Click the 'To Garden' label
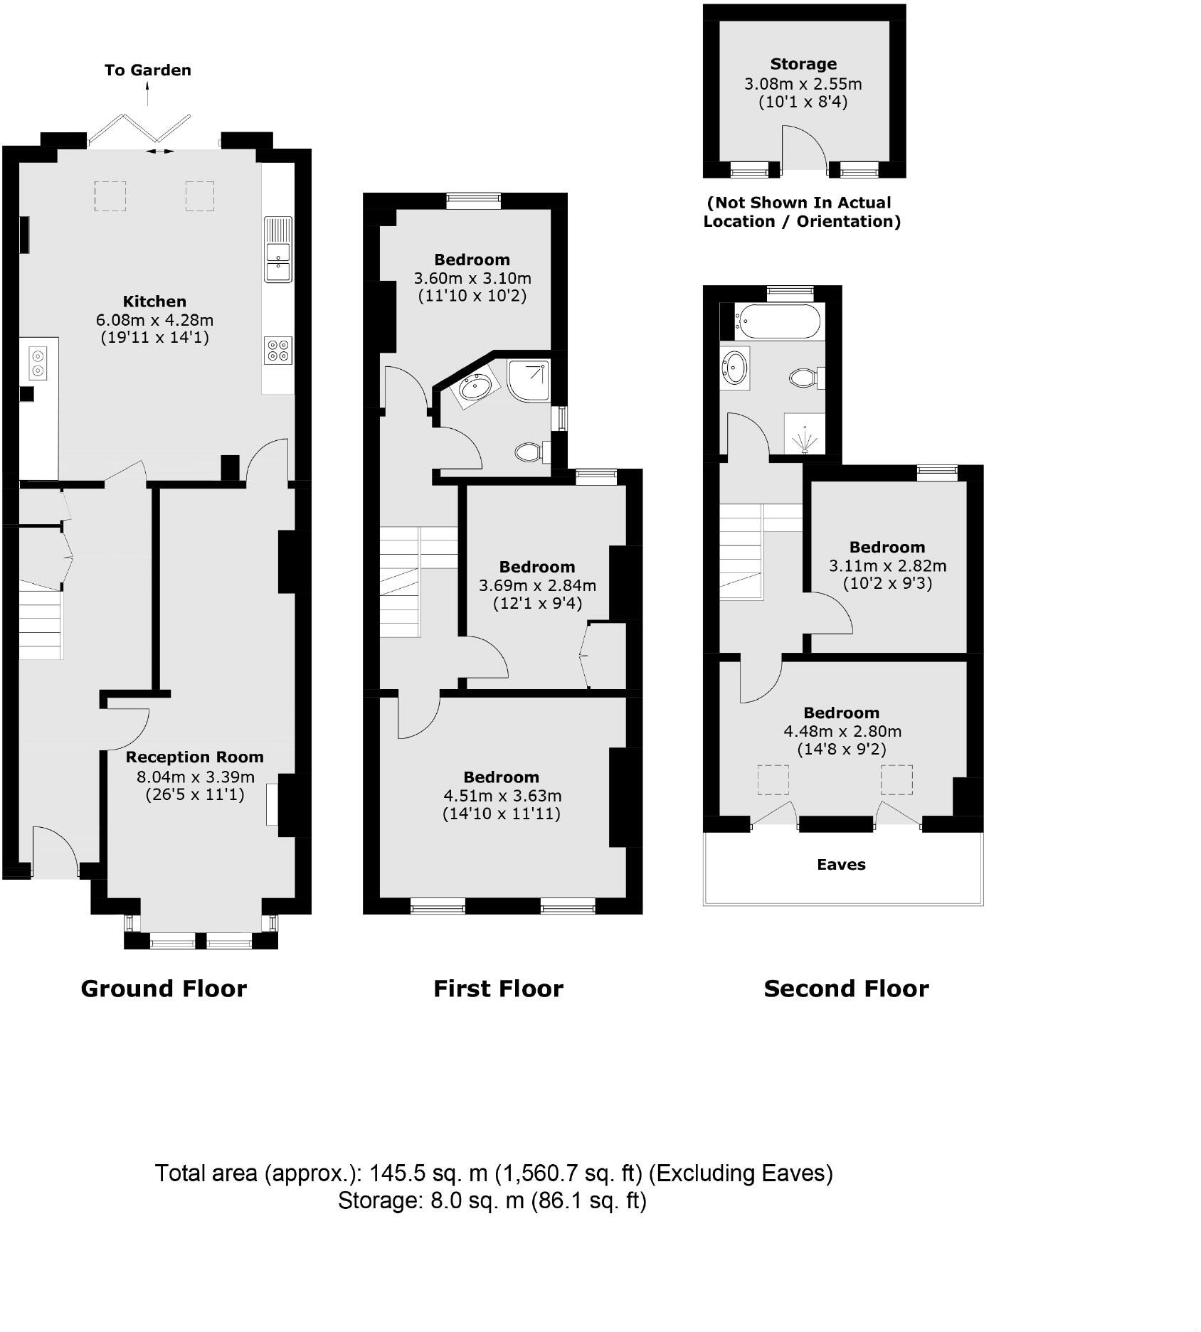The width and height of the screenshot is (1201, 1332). (x=148, y=70)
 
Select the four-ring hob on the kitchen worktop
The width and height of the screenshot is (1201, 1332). (x=277, y=351)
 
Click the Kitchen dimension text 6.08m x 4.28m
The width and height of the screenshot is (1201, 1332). (x=154, y=320)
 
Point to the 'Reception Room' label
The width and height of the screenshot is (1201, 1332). (x=194, y=757)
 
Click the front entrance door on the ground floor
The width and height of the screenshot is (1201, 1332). (x=55, y=850)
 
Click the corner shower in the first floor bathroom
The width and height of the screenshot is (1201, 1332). (x=529, y=378)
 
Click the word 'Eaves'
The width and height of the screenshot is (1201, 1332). (x=841, y=865)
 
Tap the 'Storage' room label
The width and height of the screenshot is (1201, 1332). (x=803, y=64)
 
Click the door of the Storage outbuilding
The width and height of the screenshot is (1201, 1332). (x=804, y=149)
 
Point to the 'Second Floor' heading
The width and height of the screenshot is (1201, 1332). (x=846, y=989)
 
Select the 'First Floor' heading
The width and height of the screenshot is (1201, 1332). (x=498, y=989)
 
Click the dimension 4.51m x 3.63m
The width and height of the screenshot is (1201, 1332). (x=502, y=796)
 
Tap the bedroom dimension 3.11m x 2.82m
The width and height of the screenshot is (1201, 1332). (x=887, y=566)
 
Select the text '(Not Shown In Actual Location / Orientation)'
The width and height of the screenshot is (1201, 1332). (x=802, y=212)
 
